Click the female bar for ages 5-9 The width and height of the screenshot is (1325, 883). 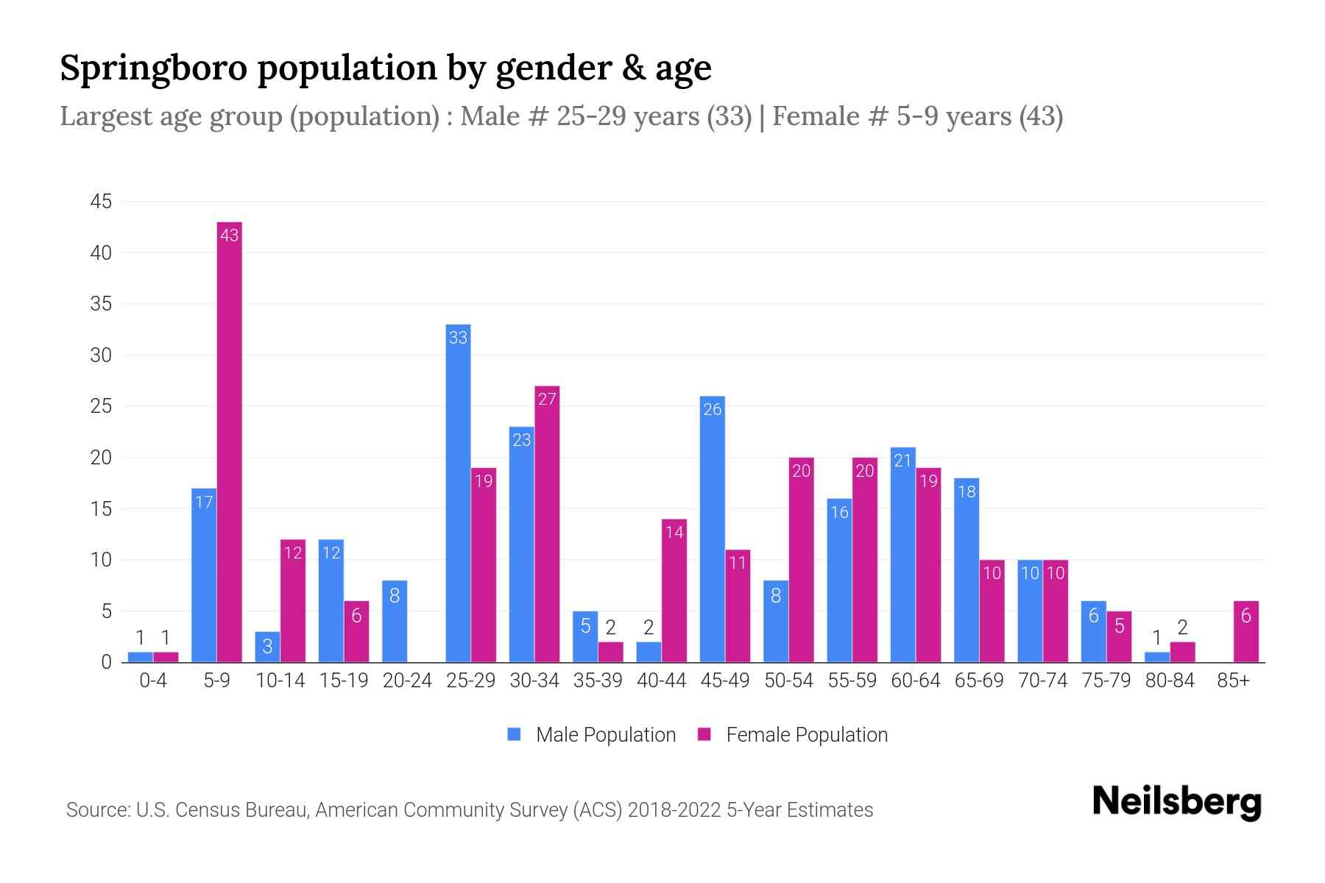[230, 441]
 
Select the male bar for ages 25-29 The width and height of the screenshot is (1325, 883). [458, 493]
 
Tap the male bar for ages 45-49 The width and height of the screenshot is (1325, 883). [712, 530]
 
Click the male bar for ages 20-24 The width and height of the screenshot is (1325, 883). [395, 622]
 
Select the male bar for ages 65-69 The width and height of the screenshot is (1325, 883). [966, 570]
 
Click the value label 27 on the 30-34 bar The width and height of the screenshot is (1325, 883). [547, 399]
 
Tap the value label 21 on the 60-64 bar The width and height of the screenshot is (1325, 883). [902, 461]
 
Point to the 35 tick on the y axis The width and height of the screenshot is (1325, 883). [101, 304]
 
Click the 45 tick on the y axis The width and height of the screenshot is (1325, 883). [101, 202]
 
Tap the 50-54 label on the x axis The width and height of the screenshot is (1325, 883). [788, 681]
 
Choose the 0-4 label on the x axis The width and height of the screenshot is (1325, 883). [153, 681]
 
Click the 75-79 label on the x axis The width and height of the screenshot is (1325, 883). [1106, 681]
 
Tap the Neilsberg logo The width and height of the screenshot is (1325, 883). [1176, 802]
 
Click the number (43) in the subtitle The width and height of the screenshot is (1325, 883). [1041, 116]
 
